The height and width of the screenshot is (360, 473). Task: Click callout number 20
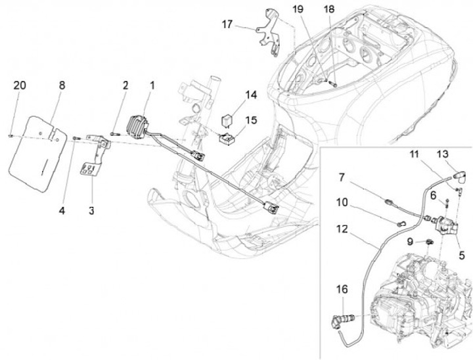click(20, 85)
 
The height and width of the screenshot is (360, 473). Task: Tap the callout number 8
click(62, 85)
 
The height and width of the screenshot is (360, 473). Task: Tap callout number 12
click(340, 231)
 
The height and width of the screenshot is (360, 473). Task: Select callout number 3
click(92, 210)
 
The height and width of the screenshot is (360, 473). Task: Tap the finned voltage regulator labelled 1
click(145, 124)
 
